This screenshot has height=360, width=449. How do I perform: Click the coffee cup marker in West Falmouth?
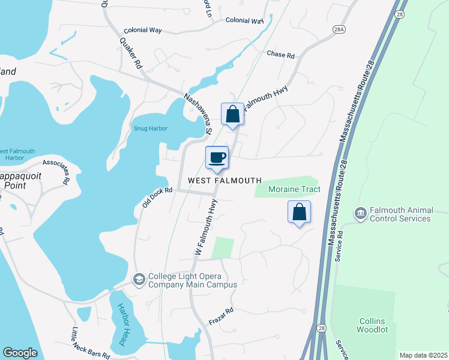pyautogui.click(x=217, y=158)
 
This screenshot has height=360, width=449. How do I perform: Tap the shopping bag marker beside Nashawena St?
pyautogui.click(x=232, y=114)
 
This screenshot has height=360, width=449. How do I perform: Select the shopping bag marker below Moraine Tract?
pyautogui.click(x=299, y=212)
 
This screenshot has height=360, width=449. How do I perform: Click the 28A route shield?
pyautogui.click(x=339, y=28)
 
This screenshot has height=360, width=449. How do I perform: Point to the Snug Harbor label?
pyautogui.click(x=150, y=128)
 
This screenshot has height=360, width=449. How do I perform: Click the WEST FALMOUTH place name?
pyautogui.click(x=224, y=181)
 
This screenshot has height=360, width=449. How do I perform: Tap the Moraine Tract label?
pyautogui.click(x=294, y=190)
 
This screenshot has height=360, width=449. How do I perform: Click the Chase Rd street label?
pyautogui.click(x=280, y=55)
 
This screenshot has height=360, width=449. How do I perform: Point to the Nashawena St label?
pyautogui.click(x=197, y=113)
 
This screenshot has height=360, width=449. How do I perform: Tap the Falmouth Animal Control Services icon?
pyautogui.click(x=360, y=213)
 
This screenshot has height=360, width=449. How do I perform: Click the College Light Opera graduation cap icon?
pyautogui.click(x=139, y=280)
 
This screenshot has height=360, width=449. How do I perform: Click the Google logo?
pyautogui.click(x=20, y=353)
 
